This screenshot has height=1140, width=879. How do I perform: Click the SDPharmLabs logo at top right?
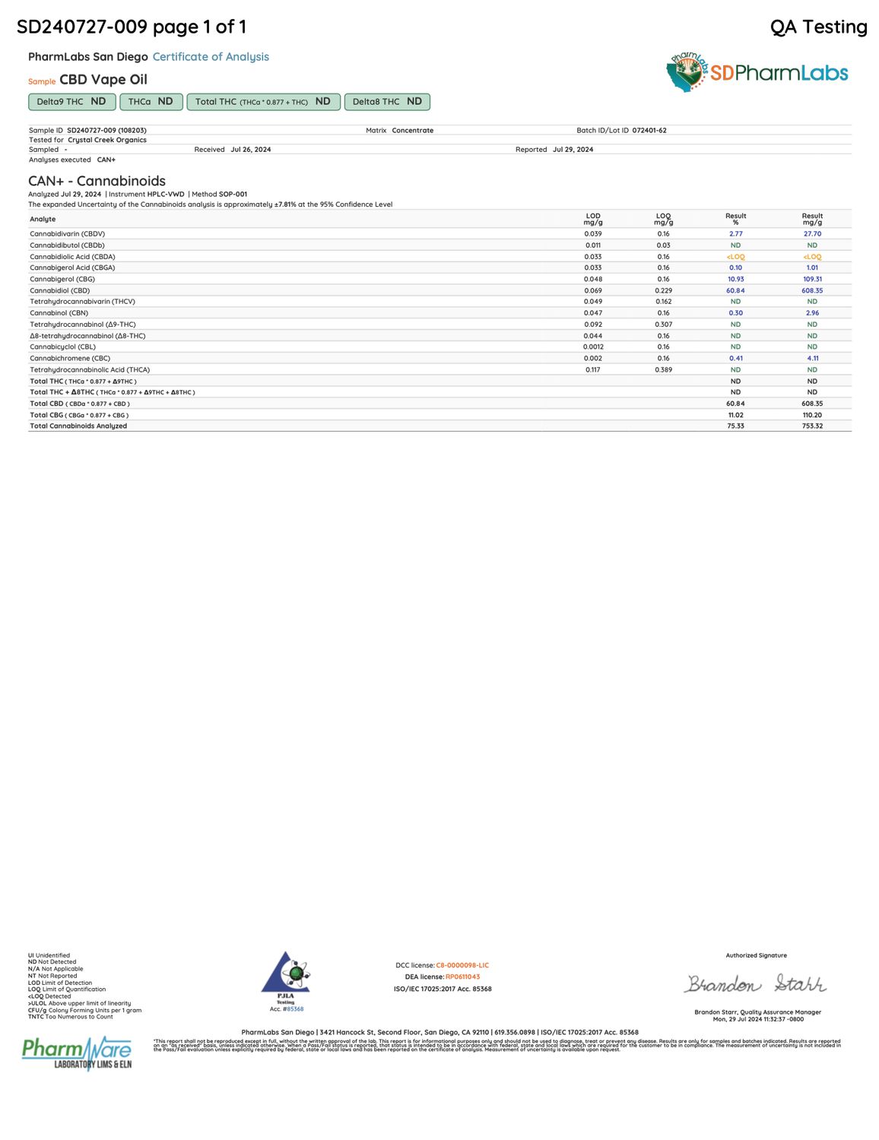tap(757, 73)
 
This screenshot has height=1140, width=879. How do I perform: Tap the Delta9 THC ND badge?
tap(71, 102)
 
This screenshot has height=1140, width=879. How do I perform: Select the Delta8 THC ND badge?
tap(387, 102)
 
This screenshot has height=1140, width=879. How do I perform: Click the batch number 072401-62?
tap(649, 131)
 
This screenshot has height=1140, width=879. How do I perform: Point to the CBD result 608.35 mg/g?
tap(811, 290)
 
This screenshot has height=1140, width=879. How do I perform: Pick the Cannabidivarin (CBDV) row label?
tap(67, 234)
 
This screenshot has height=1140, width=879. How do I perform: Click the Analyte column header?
tap(43, 219)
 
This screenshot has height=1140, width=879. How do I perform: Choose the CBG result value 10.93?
tap(735, 279)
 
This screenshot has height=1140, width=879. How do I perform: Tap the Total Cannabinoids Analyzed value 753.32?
tap(811, 426)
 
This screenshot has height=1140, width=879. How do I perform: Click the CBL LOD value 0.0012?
tap(593, 347)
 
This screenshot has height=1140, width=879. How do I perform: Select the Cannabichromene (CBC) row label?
tap(70, 358)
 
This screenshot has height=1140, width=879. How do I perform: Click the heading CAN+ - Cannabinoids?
tap(97, 181)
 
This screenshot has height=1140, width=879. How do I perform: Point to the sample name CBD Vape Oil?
tap(103, 80)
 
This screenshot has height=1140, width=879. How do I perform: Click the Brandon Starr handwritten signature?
tap(755, 984)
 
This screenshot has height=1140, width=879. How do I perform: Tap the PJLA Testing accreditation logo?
tap(286, 977)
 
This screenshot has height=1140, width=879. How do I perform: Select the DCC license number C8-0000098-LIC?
tap(462, 965)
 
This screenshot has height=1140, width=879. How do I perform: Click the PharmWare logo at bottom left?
tap(77, 1053)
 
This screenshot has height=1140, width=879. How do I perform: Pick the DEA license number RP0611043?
tap(462, 977)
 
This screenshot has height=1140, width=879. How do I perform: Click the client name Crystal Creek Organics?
tap(107, 140)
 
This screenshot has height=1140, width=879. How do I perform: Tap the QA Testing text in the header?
tap(818, 27)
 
